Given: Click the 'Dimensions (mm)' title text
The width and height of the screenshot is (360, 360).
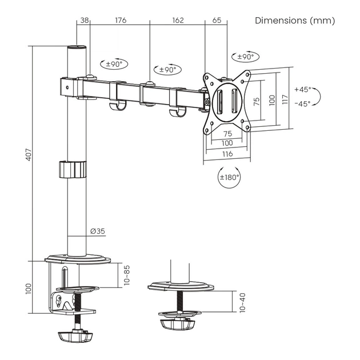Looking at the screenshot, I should [295, 21].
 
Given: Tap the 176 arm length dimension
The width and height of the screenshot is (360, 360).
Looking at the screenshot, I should [120, 21].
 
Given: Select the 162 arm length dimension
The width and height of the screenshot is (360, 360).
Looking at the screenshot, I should [177, 21].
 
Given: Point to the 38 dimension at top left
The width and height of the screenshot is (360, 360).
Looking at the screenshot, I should [84, 21].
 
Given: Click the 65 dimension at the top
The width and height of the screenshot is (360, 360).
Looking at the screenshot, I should [217, 21].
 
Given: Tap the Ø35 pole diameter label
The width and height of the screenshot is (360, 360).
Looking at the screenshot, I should [97, 231].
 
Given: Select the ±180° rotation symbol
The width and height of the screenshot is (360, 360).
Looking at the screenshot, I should [230, 177].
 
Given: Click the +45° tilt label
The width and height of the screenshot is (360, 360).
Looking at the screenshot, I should [302, 90].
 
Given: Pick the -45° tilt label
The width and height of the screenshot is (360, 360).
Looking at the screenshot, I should [302, 103].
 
